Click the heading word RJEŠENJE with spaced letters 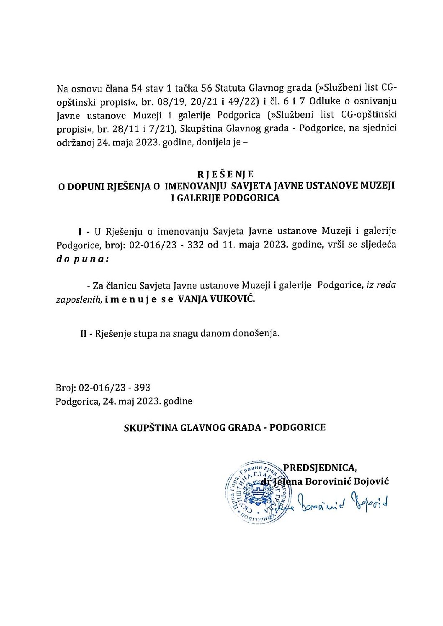(226, 174)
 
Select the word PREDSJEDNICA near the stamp (320, 468)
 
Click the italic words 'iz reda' (381, 285)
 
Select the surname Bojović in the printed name (371, 481)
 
